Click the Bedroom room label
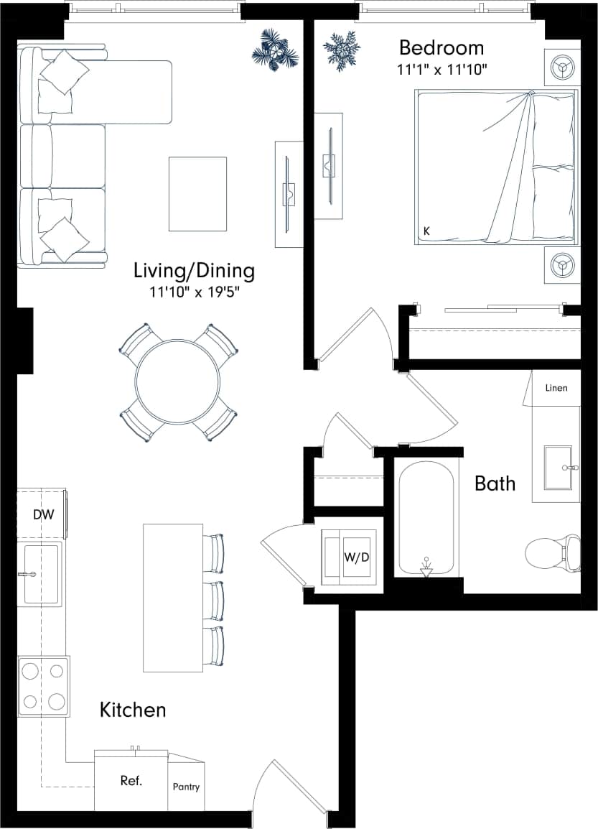[x=441, y=48]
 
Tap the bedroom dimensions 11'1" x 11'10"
[x=442, y=70]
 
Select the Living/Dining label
[x=194, y=272]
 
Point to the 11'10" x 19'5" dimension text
[x=195, y=292]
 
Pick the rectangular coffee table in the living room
[x=197, y=194]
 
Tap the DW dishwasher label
[x=43, y=514]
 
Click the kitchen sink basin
[x=40, y=573]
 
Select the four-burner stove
[x=43, y=686]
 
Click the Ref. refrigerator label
[x=131, y=781]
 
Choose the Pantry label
[x=186, y=787]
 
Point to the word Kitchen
[x=133, y=710]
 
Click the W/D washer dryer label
[x=357, y=557]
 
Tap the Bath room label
[x=495, y=483]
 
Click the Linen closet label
[x=556, y=388]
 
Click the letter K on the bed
[x=426, y=231]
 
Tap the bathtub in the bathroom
[x=426, y=517]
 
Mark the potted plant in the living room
[x=275, y=50]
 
